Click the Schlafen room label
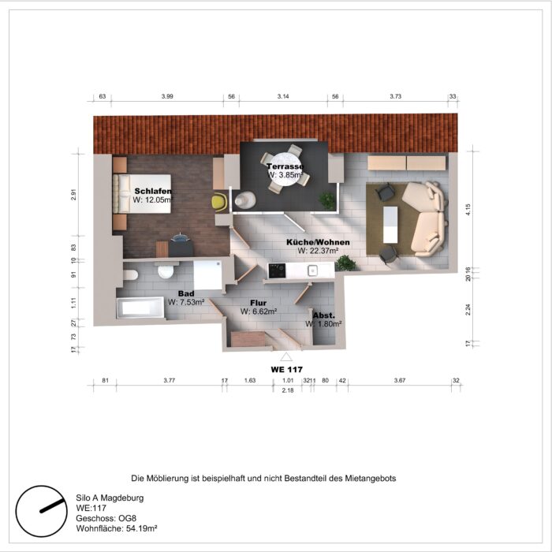153,192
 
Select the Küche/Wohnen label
318,243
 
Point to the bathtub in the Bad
140,307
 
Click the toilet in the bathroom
165,272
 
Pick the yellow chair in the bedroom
218,202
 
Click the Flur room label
258,302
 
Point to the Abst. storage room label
324,315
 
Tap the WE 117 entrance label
287,369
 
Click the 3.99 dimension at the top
167,95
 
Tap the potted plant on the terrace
326,200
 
